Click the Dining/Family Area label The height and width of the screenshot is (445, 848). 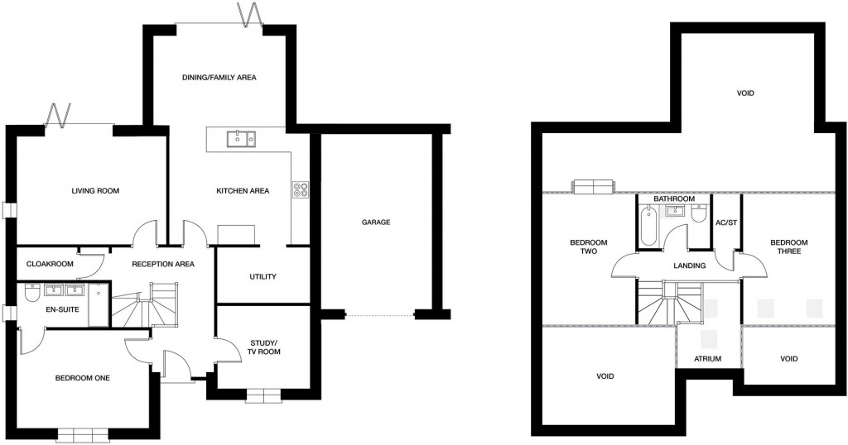tap(219, 78)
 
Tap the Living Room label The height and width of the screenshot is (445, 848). tap(95, 191)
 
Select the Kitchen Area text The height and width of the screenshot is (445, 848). tap(243, 191)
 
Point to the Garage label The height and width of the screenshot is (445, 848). tap(375, 223)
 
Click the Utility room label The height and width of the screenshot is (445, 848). tap(263, 276)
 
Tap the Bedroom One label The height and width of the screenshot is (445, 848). tap(82, 378)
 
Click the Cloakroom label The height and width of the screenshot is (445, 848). tap(50, 264)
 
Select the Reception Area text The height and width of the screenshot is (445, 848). tap(162, 264)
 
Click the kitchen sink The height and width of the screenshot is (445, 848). tap(241, 138)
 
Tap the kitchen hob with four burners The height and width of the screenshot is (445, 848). tap(300, 190)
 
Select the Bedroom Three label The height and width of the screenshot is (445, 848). tap(788, 246)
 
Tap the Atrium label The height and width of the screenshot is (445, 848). tap(708, 359)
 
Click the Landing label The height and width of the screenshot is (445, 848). tap(690, 266)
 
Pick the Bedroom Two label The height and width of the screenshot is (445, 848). tap(589, 246)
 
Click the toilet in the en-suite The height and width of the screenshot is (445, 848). tap(32, 294)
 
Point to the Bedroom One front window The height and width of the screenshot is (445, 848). tap(82, 434)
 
